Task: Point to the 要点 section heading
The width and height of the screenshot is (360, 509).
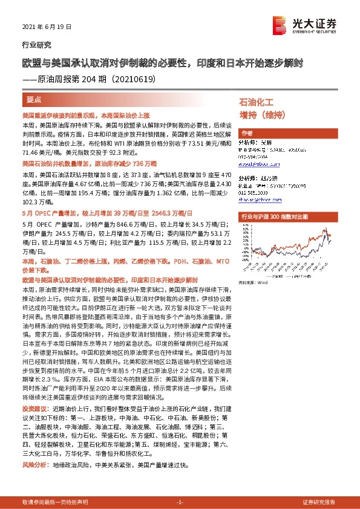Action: (x=34, y=99)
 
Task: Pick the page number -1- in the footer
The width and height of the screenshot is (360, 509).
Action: (x=180, y=502)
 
